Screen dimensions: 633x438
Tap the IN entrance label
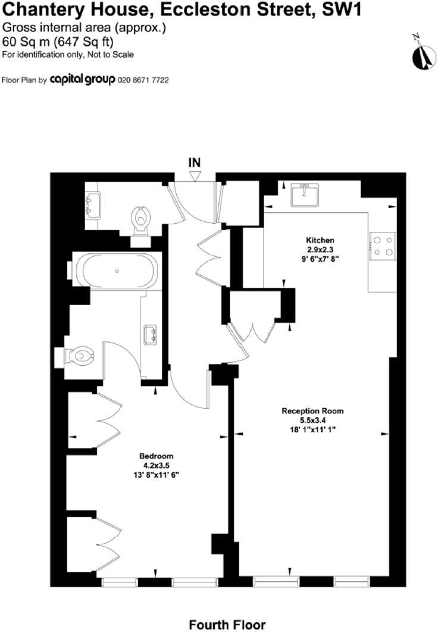click(195, 162)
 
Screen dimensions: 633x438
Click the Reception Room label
click(312, 411)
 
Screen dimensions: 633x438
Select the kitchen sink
click(305, 195)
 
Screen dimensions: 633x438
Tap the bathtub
click(117, 271)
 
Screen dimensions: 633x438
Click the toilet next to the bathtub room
click(77, 356)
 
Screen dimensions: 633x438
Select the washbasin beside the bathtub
click(149, 331)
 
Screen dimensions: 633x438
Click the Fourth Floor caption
click(227, 625)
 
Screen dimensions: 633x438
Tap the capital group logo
click(82, 80)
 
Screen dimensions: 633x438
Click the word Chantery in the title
click(45, 10)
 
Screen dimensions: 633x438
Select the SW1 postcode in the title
click(352, 10)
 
